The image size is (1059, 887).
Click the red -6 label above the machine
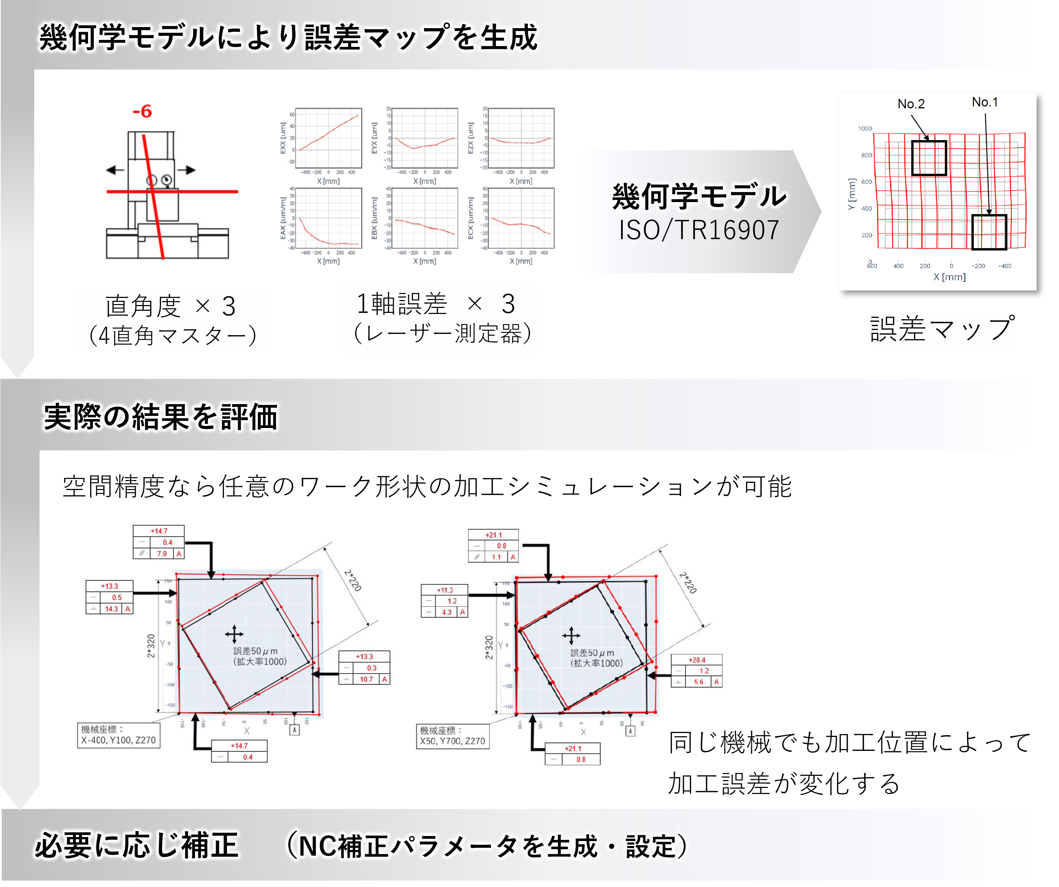tap(142, 112)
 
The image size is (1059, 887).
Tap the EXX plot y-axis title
tap(283, 138)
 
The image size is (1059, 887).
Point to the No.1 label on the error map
tap(985, 102)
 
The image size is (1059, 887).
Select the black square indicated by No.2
tap(929, 158)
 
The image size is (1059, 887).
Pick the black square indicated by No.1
tap(989, 232)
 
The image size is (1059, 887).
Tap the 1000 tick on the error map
tap(865, 129)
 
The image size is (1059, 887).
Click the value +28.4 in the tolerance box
tap(697, 660)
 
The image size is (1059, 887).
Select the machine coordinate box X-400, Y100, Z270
tap(119, 736)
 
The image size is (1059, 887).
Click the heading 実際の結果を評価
tap(161, 418)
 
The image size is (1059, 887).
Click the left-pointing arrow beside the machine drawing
tap(115, 170)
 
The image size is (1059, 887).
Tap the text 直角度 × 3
tap(170, 306)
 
